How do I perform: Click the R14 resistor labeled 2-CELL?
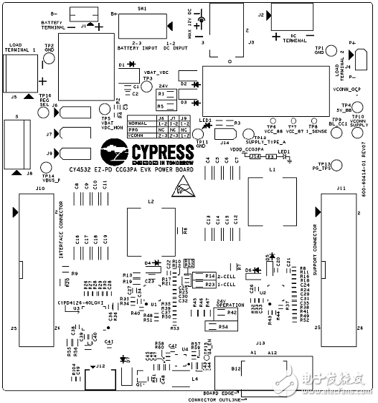click(x=210, y=276)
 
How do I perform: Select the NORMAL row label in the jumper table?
click(x=138, y=123)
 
